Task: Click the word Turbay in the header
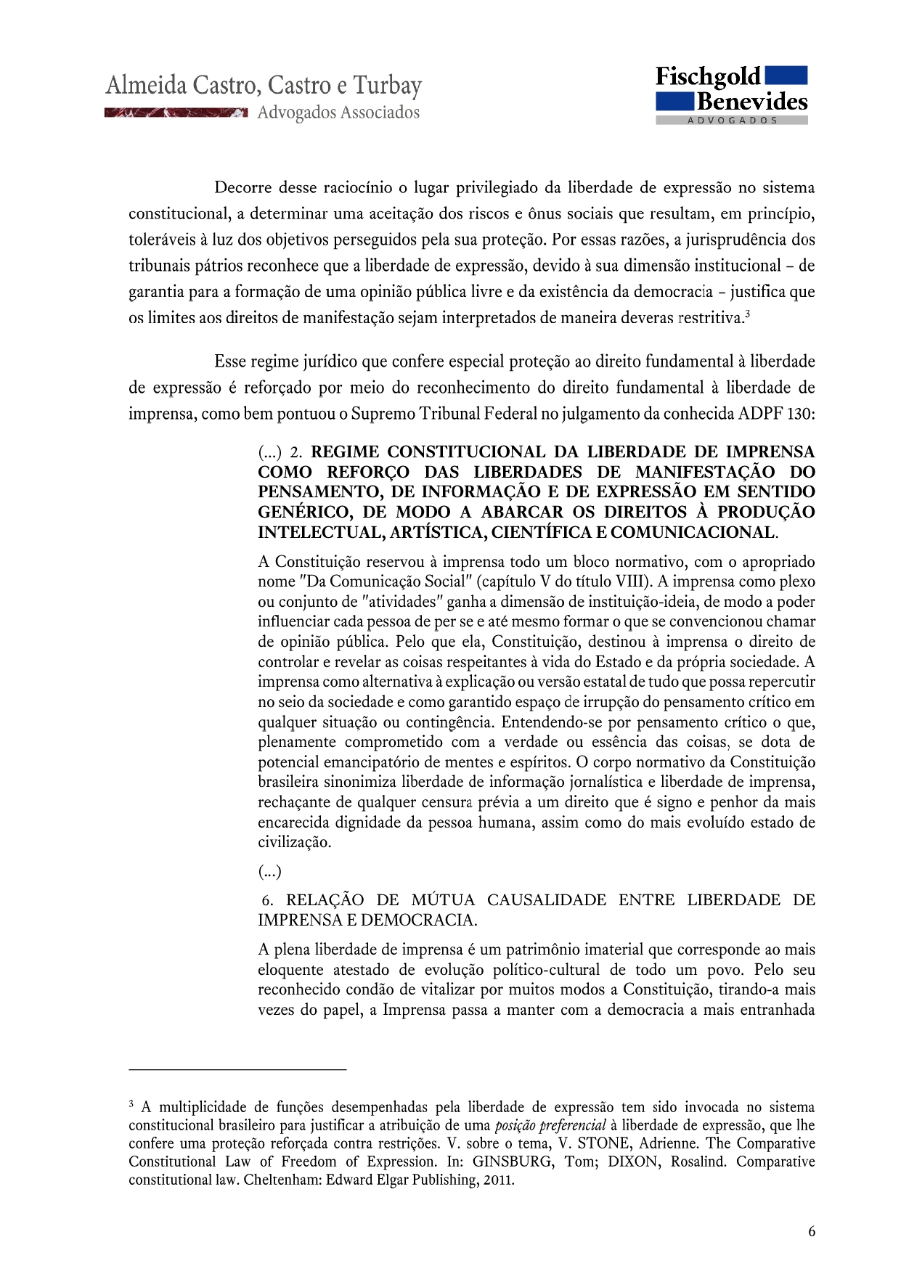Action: (387, 86)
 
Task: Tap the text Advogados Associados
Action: (338, 113)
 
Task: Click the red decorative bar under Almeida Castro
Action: (176, 113)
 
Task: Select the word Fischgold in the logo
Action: (708, 76)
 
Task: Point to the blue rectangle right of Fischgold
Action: (786, 75)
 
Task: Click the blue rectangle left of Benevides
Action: (674, 101)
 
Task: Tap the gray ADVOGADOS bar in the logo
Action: (732, 121)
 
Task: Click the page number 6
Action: (812, 1231)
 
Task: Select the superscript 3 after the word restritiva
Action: (747, 314)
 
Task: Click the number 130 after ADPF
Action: (801, 414)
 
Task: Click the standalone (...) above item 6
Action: (269, 871)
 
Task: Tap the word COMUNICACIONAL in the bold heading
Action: (693, 532)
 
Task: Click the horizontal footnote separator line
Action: (237, 1069)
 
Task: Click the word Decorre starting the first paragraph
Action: (243, 188)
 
